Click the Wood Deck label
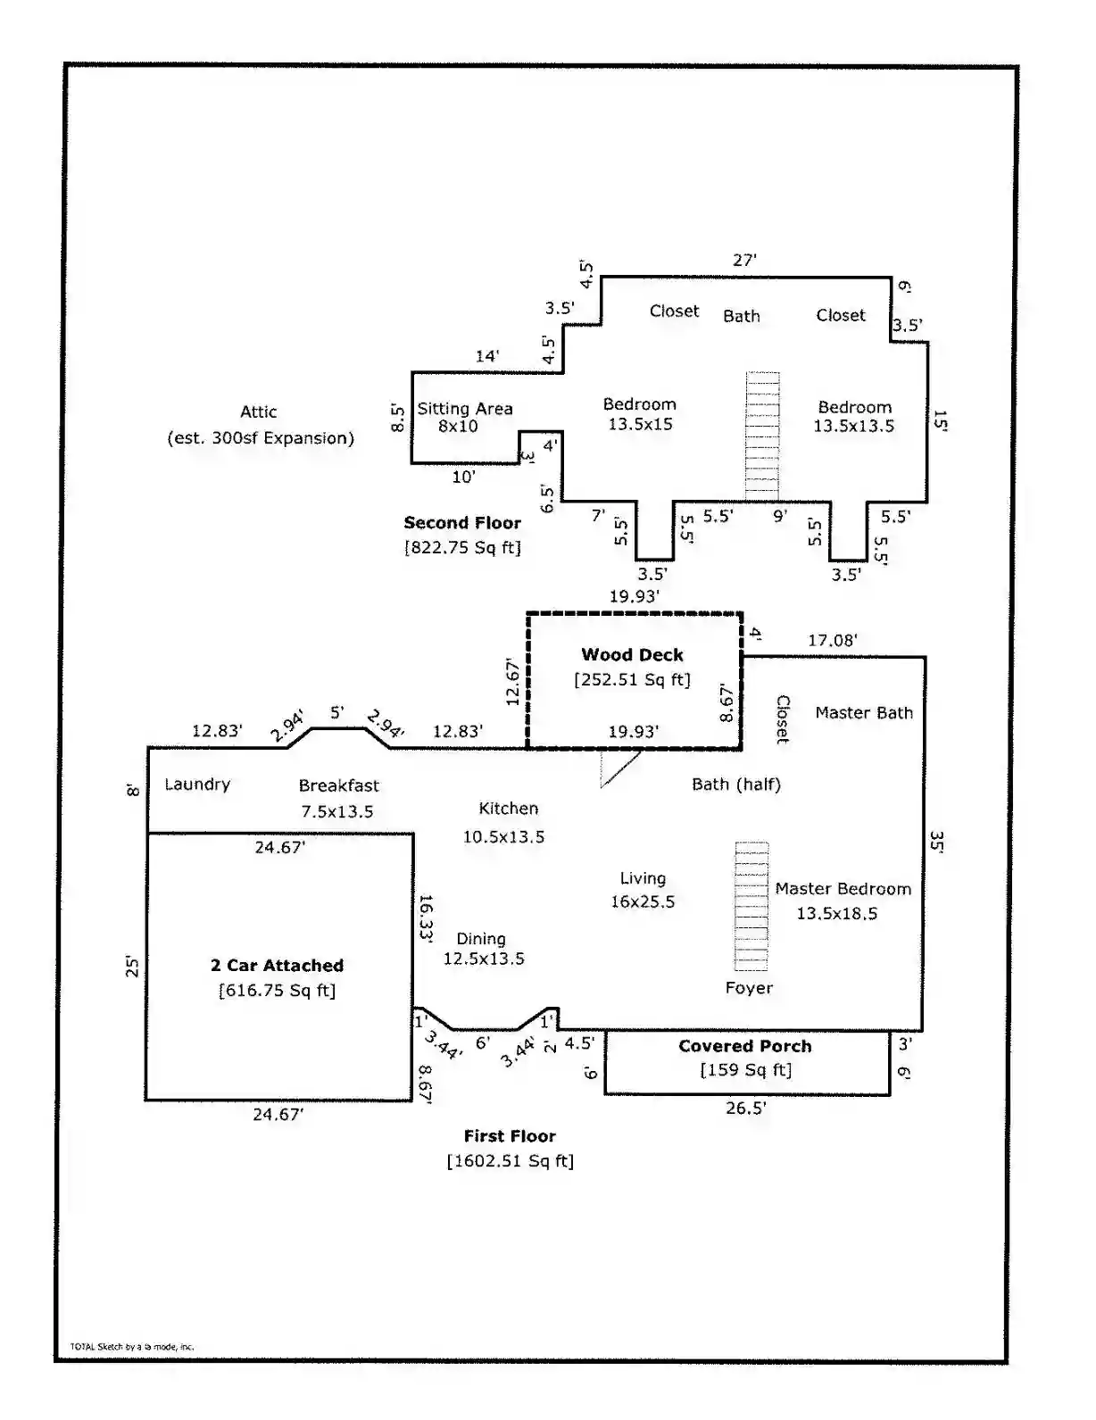tap(632, 654)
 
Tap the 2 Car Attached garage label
tap(277, 965)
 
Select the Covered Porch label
tap(745, 1045)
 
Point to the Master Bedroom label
tap(843, 889)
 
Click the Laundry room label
tap(197, 785)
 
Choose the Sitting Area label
tap(465, 409)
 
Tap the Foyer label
tap(749, 987)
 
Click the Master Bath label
tap(864, 712)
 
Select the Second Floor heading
tap(462, 522)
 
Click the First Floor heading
tap(511, 1136)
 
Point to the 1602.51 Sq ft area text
tap(511, 1161)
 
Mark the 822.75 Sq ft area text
tap(462, 547)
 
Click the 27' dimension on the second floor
tap(744, 260)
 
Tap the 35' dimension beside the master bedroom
tap(936, 842)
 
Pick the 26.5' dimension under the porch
tap(746, 1108)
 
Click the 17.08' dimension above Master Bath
tap(833, 640)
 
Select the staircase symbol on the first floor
tap(751, 907)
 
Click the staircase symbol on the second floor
tap(763, 436)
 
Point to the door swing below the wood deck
tap(620, 768)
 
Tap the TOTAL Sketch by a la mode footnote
tap(132, 1346)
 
